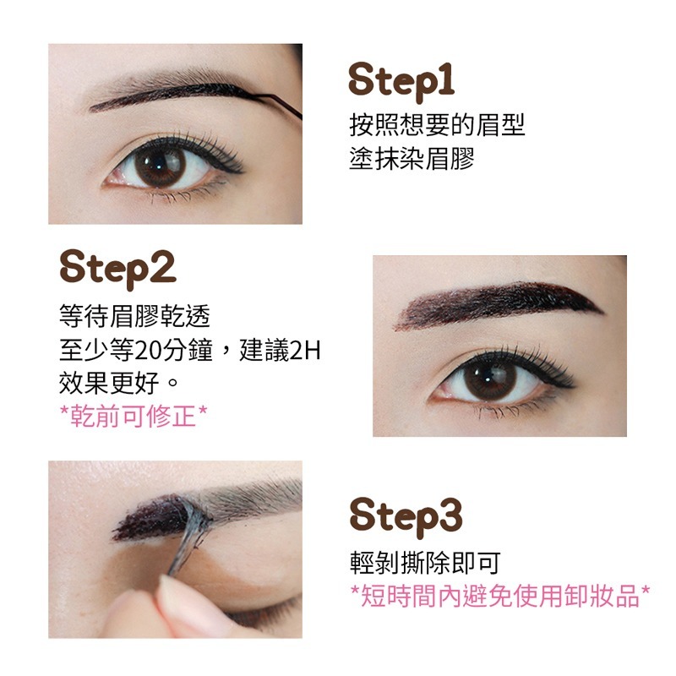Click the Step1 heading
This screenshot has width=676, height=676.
pyautogui.click(x=402, y=82)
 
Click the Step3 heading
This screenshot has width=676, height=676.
pyautogui.click(x=406, y=515)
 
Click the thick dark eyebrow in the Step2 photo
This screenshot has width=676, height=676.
pyautogui.click(x=499, y=302)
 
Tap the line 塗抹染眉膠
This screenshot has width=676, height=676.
pyautogui.click(x=412, y=158)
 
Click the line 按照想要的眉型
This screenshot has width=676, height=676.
pyautogui.click(x=437, y=126)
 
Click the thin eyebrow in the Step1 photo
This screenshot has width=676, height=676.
pyautogui.click(x=169, y=97)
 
